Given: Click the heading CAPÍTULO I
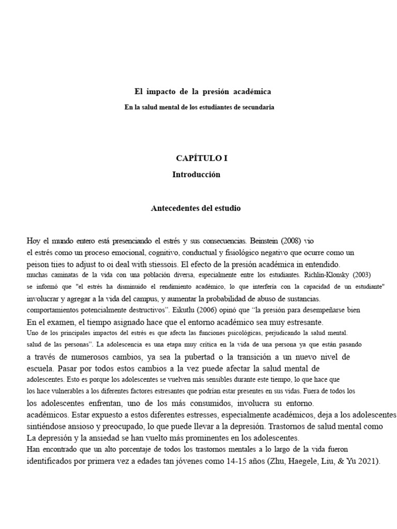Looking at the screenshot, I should pyautogui.click(x=202, y=159).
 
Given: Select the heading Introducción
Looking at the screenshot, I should pyautogui.click(x=196, y=175).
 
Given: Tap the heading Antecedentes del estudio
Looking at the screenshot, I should pyautogui.click(x=195, y=209).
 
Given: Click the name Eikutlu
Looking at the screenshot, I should pyautogui.click(x=193, y=310).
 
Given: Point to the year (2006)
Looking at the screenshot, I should pyautogui.click(x=218, y=310).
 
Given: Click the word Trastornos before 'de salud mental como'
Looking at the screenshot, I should pyautogui.click(x=292, y=427).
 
